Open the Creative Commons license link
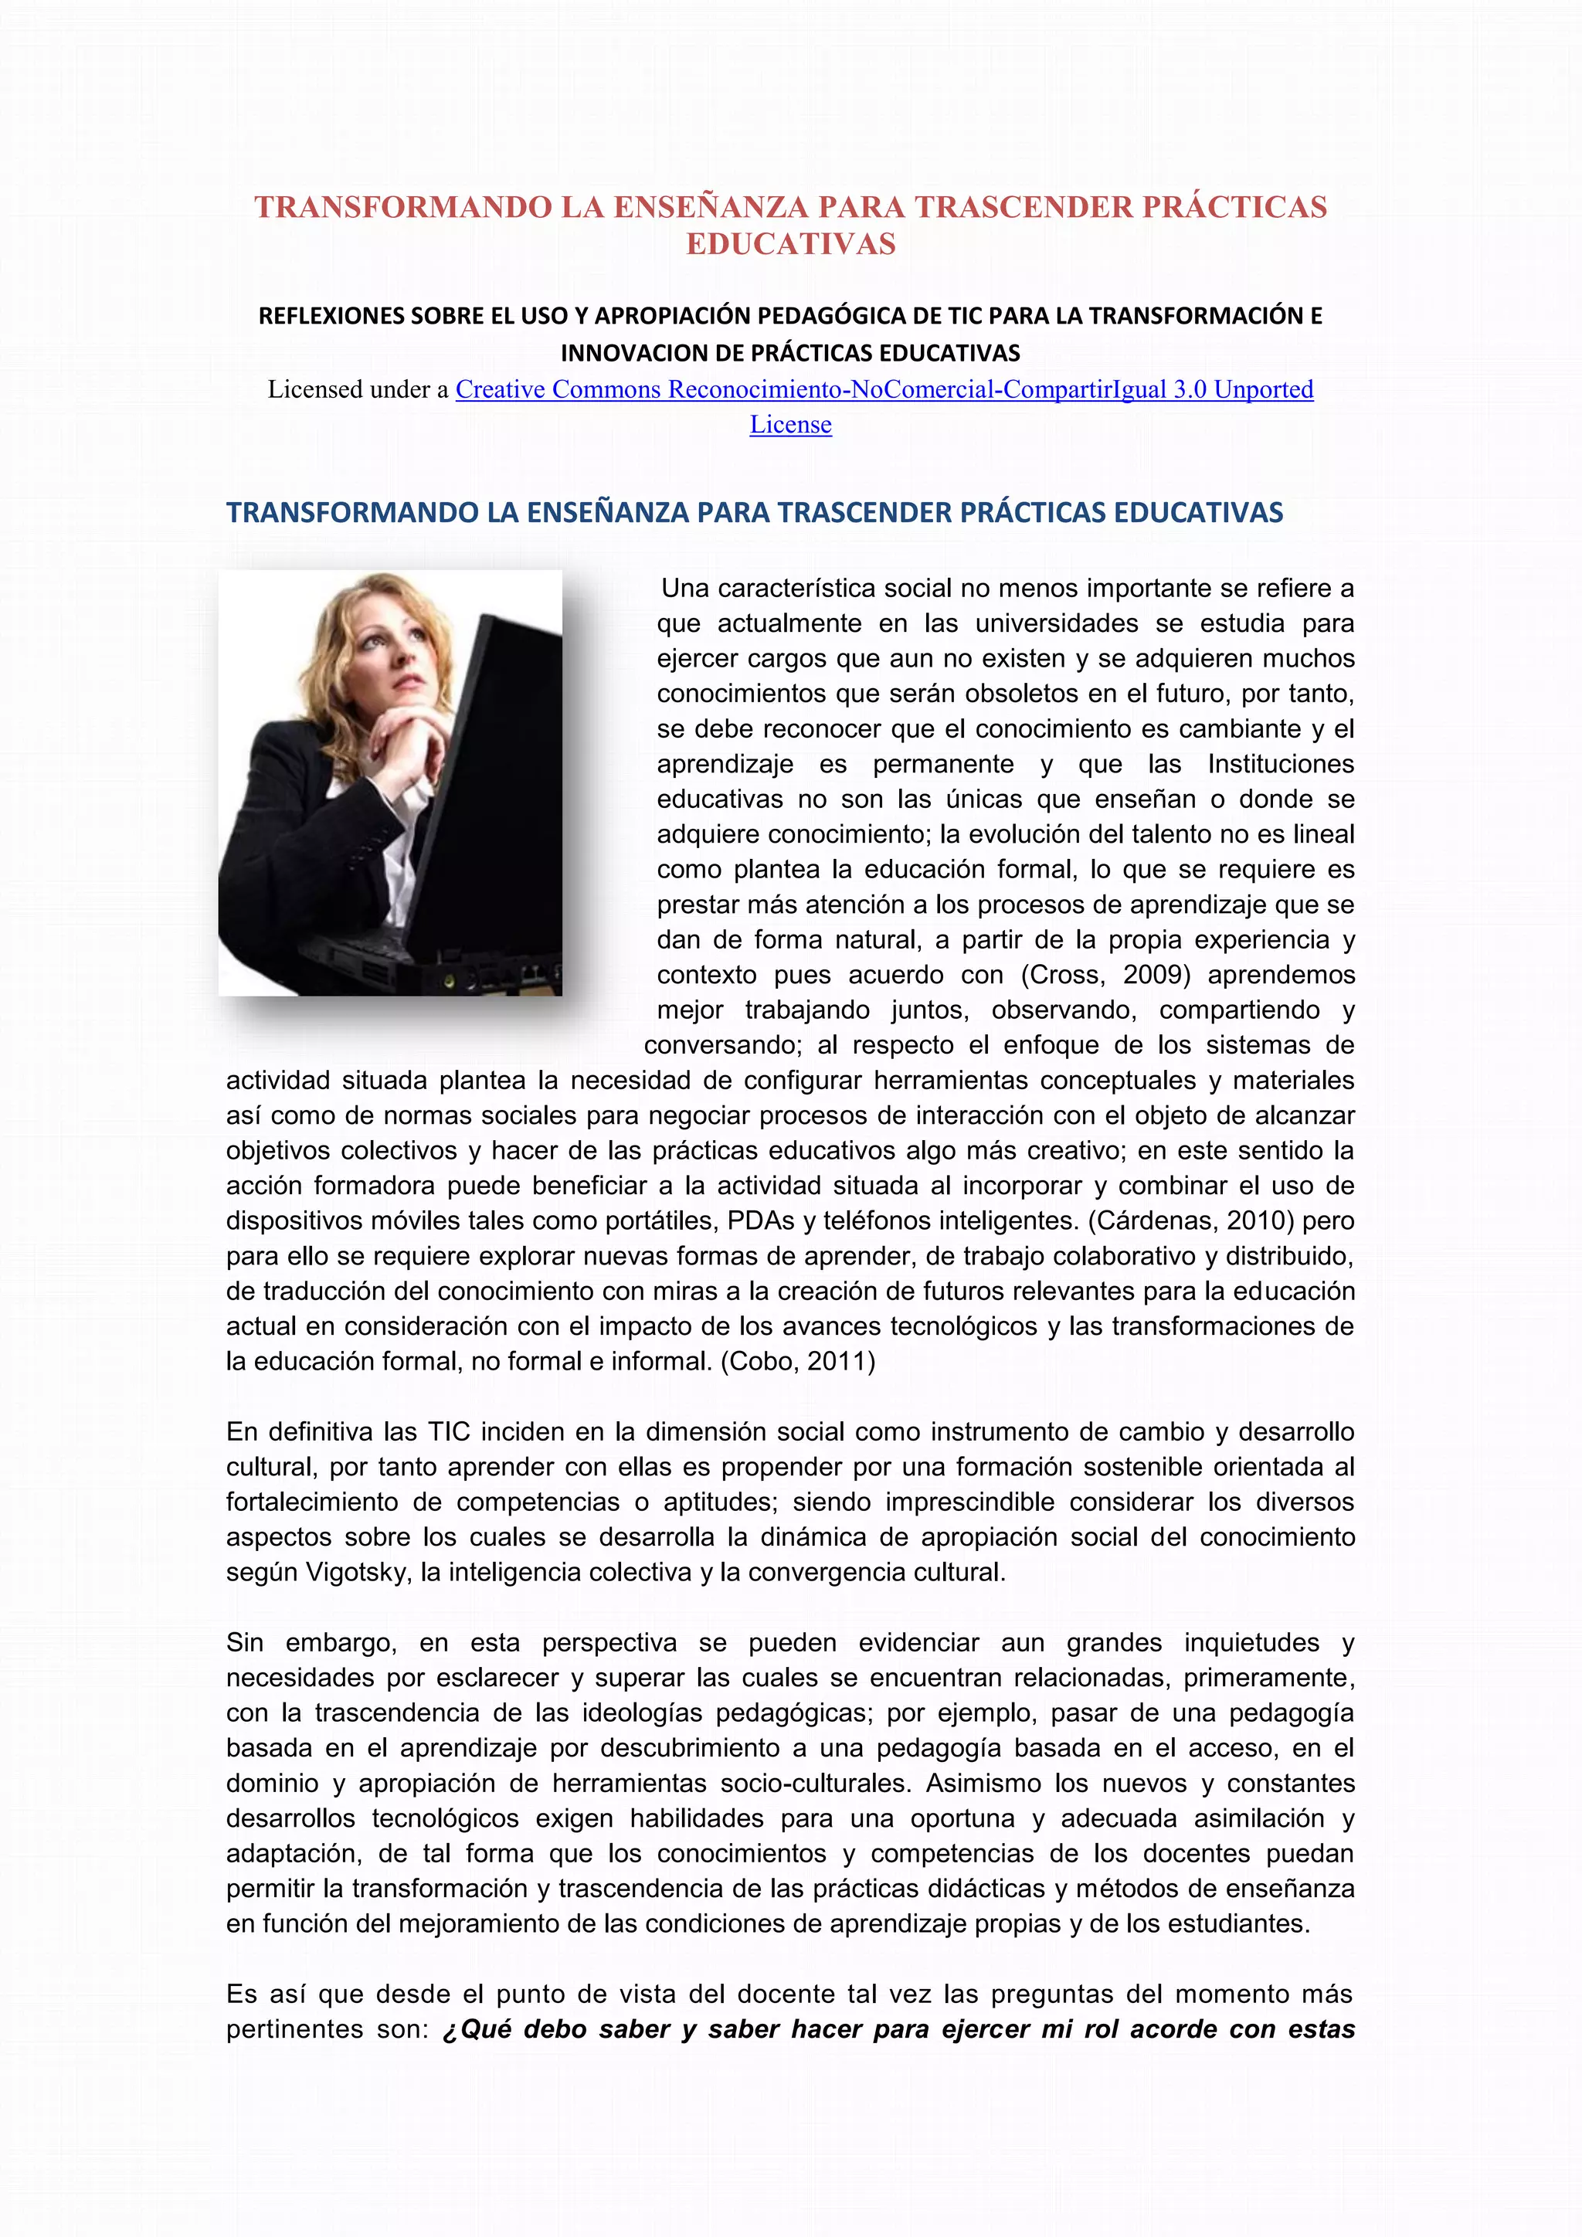(x=884, y=390)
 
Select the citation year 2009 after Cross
(x=1156, y=976)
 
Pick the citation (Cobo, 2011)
(x=798, y=1361)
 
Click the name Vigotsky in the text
(x=358, y=1573)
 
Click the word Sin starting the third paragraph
(x=245, y=1643)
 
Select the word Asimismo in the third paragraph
(x=984, y=1783)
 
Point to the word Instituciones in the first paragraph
(x=1280, y=764)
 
